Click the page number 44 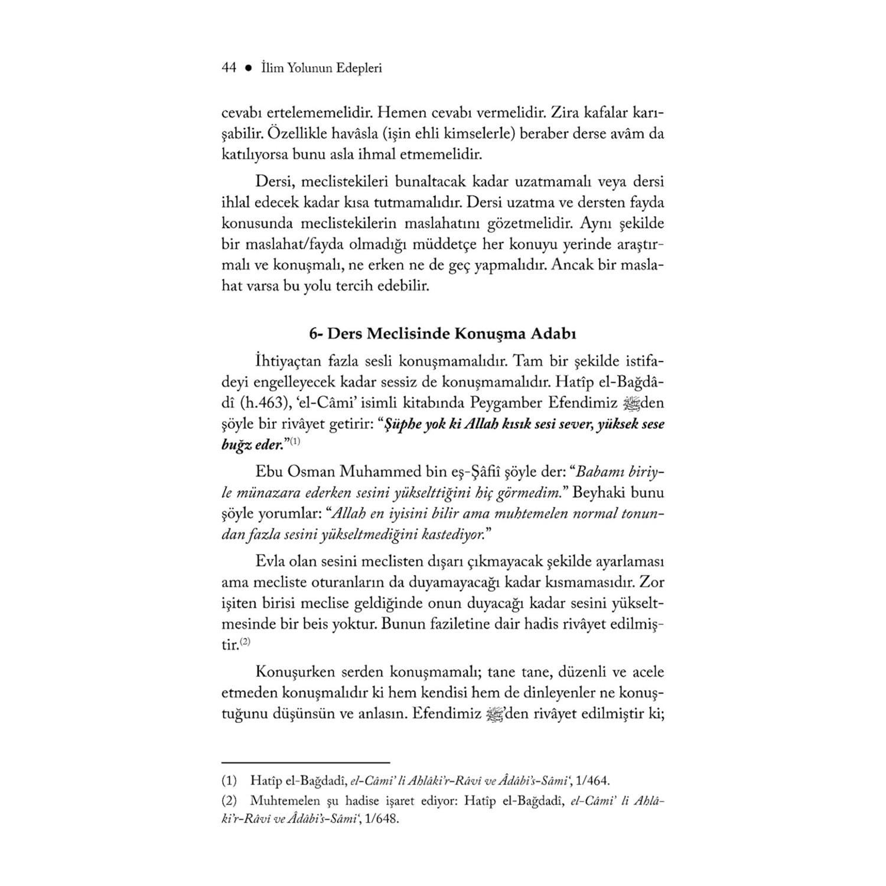(229, 68)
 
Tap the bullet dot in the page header (249, 69)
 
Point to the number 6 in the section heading (313, 334)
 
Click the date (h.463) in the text (258, 403)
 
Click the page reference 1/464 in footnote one (582, 781)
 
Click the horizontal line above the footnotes (305, 763)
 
